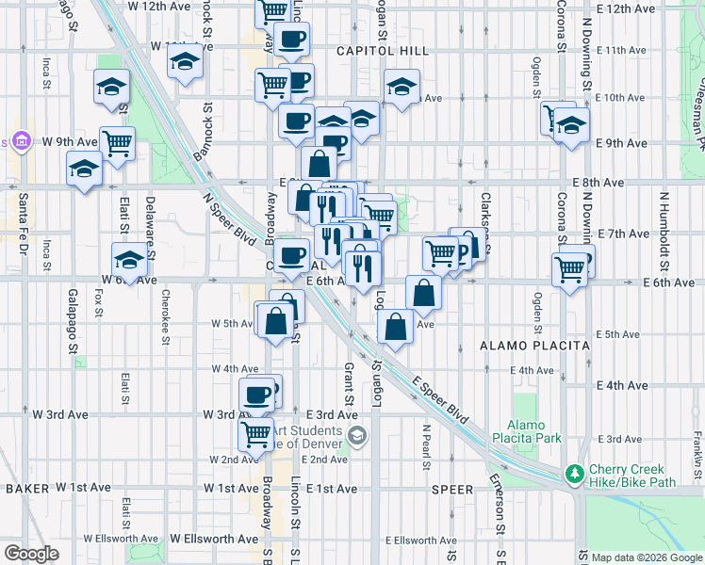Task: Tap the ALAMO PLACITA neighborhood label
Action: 534,346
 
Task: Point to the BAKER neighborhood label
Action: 26,489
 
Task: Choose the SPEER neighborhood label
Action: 451,490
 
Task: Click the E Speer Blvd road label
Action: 440,400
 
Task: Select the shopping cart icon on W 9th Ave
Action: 117,144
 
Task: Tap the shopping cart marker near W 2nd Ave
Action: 254,434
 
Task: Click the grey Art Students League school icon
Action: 357,435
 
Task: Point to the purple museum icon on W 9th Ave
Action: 22,142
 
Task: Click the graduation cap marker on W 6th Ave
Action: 128,259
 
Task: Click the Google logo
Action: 31,553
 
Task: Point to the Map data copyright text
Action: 645,557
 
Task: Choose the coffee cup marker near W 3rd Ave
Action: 256,395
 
